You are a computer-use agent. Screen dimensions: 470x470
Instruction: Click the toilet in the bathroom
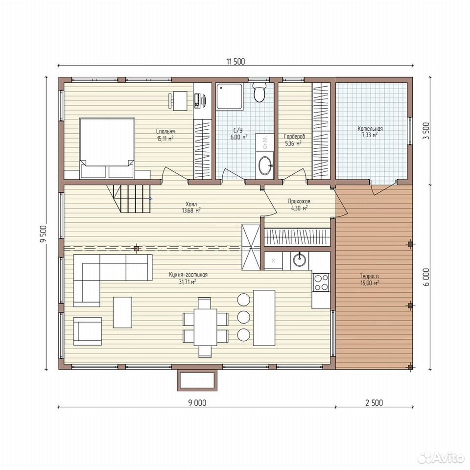pos(259,92)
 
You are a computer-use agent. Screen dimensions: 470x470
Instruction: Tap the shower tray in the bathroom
pos(230,96)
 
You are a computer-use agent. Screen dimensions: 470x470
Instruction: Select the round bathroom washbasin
pos(266,165)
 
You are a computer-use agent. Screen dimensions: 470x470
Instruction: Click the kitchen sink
pos(300,259)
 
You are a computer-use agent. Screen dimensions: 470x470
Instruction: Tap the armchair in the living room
pos(87,331)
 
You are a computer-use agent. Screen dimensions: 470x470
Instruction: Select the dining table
pos(205,327)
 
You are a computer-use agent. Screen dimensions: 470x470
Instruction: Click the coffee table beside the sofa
pos(122,312)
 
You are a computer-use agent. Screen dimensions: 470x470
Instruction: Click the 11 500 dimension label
pos(235,62)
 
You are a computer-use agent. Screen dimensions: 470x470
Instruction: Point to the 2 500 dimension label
pos(374,402)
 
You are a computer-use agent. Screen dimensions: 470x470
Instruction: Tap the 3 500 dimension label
pos(427,131)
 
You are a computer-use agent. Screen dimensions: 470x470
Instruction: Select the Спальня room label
pos(165,131)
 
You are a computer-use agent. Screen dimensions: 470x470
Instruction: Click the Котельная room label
pos(370,129)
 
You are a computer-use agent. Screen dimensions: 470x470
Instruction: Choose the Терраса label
pos(369,276)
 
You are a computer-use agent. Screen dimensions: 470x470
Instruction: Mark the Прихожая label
pos(299,201)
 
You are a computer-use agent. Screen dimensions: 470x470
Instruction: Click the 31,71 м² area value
pos(188,282)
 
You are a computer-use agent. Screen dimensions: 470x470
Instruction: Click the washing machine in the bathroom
pos(264,142)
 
